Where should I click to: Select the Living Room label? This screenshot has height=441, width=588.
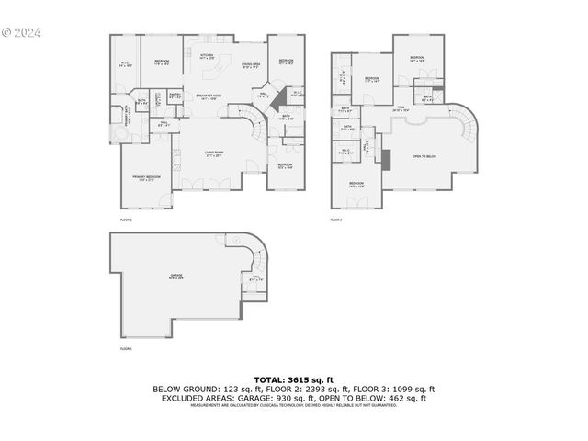point(215,153)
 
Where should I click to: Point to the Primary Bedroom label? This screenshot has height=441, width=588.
point(146,178)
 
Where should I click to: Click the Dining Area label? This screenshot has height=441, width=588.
point(252,64)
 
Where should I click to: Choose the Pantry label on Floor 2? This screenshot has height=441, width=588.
point(174,94)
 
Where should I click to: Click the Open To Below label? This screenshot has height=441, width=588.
point(424,157)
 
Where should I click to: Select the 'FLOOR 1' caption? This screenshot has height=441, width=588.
point(126,349)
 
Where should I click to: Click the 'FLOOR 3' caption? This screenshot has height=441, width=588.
point(335,220)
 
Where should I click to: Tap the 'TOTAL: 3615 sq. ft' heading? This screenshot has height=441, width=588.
point(293,379)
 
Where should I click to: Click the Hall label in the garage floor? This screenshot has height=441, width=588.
point(255,279)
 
